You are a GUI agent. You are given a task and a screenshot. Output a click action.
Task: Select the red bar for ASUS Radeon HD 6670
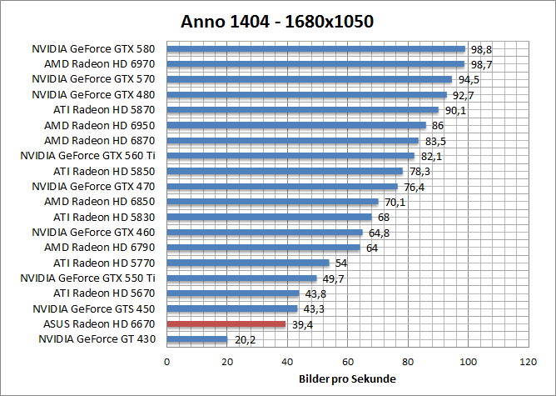226,323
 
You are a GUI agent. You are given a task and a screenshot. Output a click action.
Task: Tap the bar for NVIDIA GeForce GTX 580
316,48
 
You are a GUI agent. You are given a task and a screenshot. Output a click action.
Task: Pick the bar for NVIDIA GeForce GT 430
197,339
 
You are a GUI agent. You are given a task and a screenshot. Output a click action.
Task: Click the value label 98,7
481,64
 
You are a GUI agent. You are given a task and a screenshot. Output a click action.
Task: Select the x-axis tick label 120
527,362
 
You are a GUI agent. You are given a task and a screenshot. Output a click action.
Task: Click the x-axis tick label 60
347,362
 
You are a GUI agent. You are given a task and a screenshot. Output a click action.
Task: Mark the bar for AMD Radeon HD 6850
273,202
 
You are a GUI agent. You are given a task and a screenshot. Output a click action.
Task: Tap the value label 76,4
414,187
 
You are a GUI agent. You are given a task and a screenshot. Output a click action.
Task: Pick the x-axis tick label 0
167,362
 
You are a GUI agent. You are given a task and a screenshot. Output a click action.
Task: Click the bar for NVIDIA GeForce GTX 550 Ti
242,278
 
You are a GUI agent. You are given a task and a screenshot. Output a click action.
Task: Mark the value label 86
438,125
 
